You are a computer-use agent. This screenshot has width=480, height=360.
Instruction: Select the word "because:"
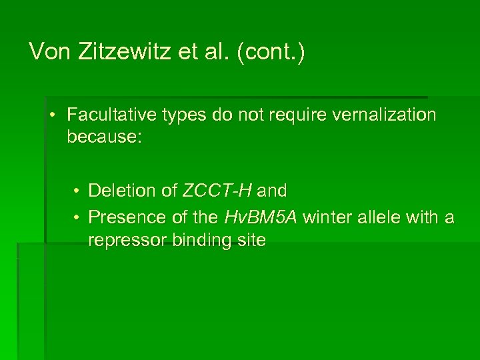pyautogui.click(x=104, y=138)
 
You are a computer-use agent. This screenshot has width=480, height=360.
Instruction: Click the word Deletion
pyautogui.click(x=123, y=191)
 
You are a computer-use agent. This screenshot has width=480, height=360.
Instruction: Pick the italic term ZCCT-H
pyautogui.click(x=217, y=191)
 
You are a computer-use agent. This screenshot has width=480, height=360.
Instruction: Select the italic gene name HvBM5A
pyautogui.click(x=260, y=217)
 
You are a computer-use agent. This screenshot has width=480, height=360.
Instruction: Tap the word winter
pyautogui.click(x=324, y=217)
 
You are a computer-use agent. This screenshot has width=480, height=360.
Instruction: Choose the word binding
pyautogui.click(x=199, y=241)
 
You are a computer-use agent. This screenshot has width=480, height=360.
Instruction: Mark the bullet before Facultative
pyautogui.click(x=52, y=115)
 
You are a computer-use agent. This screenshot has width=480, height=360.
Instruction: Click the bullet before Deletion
pyautogui.click(x=78, y=191)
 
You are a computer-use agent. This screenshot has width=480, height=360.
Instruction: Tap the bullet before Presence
pyautogui.click(x=78, y=218)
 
